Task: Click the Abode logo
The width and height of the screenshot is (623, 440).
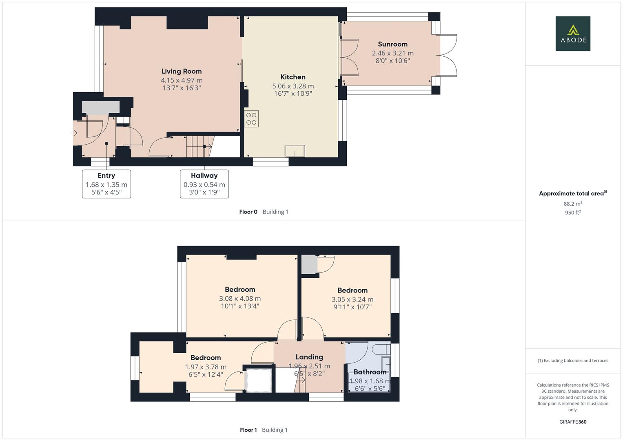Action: (x=572, y=34)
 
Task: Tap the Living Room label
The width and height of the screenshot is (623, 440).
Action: (x=182, y=71)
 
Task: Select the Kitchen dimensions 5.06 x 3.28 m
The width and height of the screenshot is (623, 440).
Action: (x=293, y=86)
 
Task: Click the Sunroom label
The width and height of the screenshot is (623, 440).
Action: (x=392, y=44)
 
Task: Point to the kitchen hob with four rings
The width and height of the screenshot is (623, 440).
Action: (x=251, y=119)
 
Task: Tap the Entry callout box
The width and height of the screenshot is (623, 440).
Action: (x=106, y=184)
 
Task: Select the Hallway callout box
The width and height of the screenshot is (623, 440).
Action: (x=204, y=184)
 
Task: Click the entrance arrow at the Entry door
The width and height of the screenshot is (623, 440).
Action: (x=75, y=133)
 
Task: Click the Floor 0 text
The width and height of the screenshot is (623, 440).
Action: (x=248, y=212)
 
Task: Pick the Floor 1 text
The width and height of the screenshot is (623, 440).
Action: (x=248, y=430)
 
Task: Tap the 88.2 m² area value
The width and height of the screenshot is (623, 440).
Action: (x=572, y=204)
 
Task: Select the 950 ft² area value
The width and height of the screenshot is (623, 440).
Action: (x=572, y=213)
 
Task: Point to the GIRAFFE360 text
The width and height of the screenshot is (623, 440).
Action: (x=572, y=422)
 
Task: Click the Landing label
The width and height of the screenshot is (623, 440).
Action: (x=309, y=357)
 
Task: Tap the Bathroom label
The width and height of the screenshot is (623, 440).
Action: (x=370, y=372)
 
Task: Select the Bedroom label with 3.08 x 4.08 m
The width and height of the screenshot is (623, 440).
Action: (x=240, y=290)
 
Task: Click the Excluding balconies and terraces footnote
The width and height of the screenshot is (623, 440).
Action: (x=572, y=361)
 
